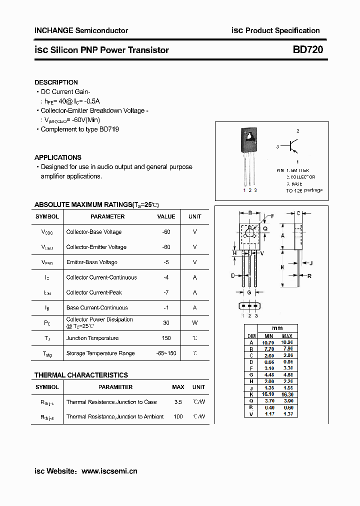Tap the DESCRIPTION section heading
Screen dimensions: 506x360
click(56, 82)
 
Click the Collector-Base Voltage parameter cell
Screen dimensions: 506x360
click(94, 232)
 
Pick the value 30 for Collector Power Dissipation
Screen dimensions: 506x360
click(166, 323)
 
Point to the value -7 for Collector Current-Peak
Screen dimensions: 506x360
click(166, 292)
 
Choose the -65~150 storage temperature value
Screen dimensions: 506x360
click(166, 353)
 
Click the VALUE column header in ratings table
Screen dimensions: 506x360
click(166, 216)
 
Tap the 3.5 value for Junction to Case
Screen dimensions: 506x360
click(178, 402)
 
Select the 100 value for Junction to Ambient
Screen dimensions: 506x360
click(178, 416)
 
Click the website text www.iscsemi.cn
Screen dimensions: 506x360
click(109, 471)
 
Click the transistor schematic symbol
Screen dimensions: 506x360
click(294, 146)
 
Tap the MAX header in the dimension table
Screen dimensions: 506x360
click(287, 336)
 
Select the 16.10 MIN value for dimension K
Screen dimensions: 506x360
click(268, 394)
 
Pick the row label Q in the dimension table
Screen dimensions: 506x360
click(251, 401)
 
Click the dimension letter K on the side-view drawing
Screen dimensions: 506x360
click(282, 267)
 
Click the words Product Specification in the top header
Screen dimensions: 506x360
click(282, 30)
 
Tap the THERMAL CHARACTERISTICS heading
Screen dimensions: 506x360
click(81, 375)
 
